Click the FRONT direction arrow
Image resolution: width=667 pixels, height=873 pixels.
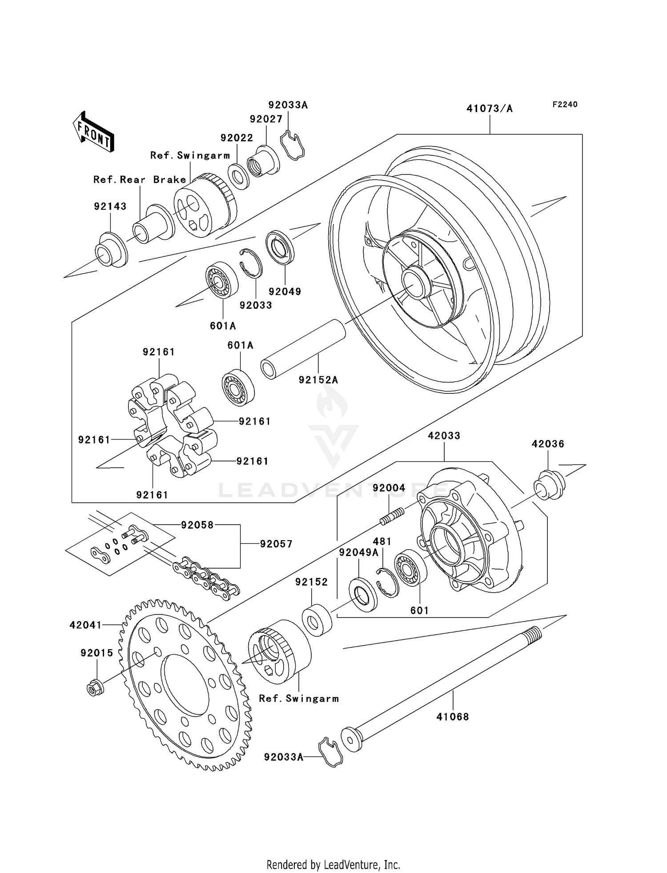93,132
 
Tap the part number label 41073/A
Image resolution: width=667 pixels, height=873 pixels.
489,109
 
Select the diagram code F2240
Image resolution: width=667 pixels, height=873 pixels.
565,105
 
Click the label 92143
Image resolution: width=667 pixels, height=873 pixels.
110,206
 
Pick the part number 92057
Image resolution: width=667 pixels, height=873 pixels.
276,544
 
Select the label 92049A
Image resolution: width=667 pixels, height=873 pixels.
358,553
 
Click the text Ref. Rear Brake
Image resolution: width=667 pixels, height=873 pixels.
140,180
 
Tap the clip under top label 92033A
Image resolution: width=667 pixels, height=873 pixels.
292,145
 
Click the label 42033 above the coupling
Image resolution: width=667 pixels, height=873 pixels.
444,436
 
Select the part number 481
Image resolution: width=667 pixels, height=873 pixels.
382,542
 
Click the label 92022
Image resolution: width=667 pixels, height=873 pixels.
237,138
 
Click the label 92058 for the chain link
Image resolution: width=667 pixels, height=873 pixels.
197,525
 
